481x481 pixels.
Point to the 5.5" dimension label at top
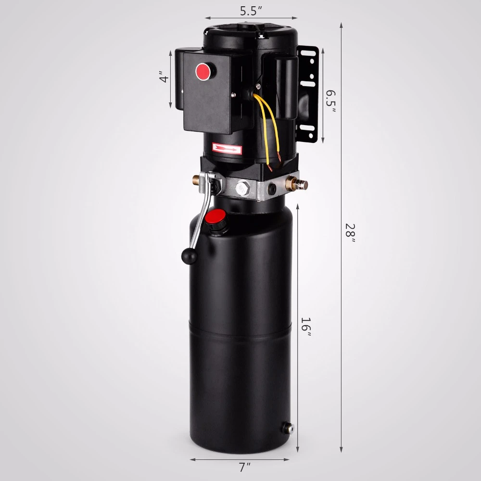pyautogui.click(x=252, y=12)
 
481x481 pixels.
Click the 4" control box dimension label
pyautogui.click(x=165, y=77)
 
